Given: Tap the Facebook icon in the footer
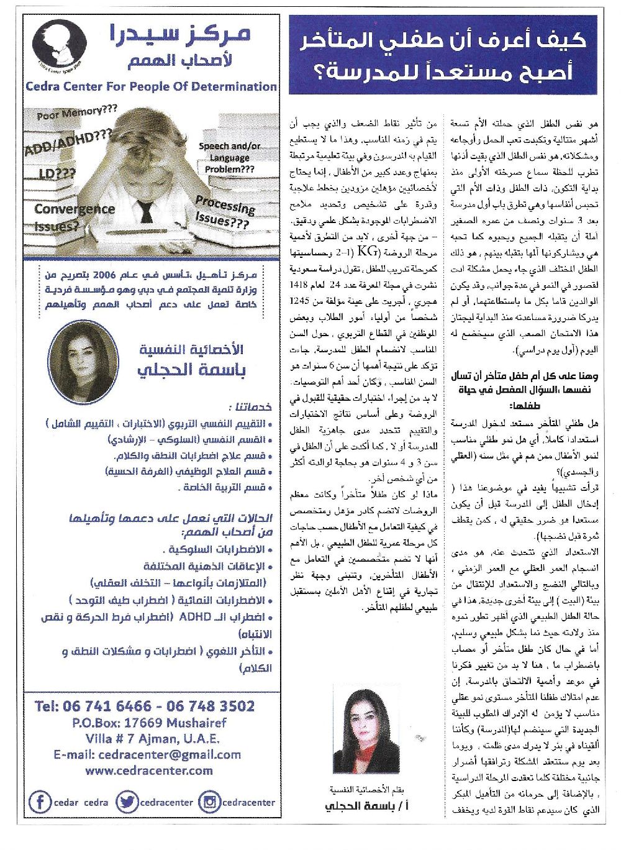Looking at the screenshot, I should [x=40, y=802].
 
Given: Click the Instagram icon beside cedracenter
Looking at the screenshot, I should [x=209, y=802].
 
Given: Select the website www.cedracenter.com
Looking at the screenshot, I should [x=149, y=770].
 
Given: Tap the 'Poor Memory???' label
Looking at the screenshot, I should [x=77, y=113].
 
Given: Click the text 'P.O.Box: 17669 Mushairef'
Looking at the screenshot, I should [x=149, y=723].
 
